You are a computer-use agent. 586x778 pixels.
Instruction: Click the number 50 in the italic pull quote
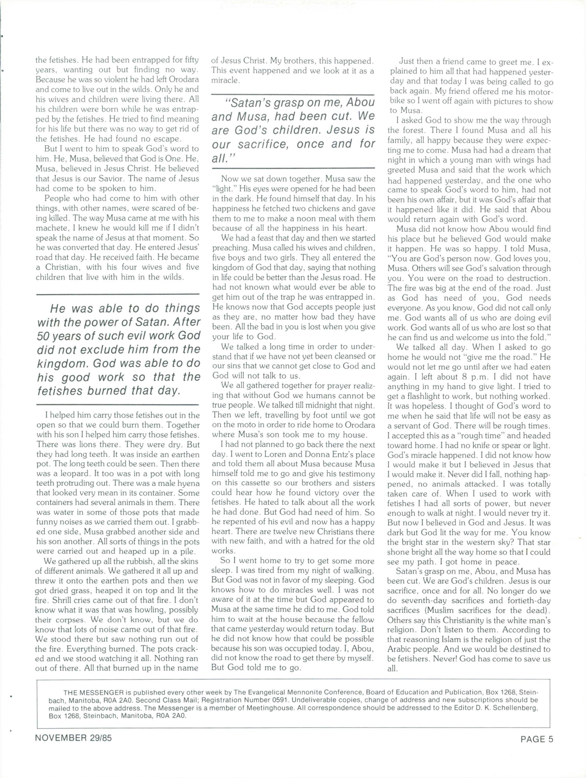coord(44,336)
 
